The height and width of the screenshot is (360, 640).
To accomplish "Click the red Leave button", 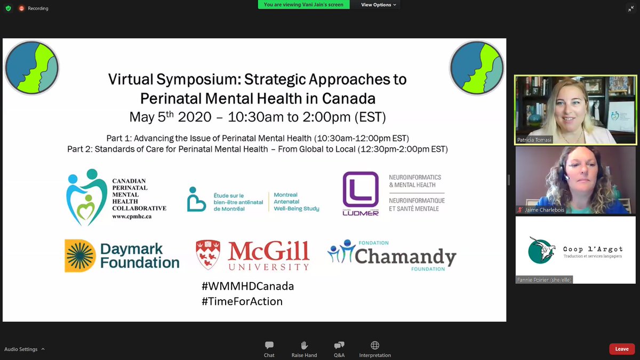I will pyautogui.click(x=622, y=349).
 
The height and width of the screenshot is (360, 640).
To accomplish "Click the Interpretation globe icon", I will pyautogui.click(x=375, y=346).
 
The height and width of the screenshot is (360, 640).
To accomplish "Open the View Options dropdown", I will pyautogui.click(x=379, y=5).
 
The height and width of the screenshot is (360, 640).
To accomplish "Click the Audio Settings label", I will pyautogui.click(x=21, y=349).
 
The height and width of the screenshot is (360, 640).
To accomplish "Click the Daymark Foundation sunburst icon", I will pyautogui.click(x=80, y=255).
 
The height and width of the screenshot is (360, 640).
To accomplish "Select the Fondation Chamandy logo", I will pyautogui.click(x=392, y=255).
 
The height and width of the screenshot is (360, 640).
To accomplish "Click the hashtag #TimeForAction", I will pyautogui.click(x=242, y=301).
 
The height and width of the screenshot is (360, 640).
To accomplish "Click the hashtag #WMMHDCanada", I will pyautogui.click(x=248, y=286).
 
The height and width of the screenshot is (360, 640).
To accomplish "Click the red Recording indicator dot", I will pyautogui.click(x=22, y=9).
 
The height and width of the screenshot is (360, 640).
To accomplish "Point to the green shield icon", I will pyautogui.click(x=8, y=9).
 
